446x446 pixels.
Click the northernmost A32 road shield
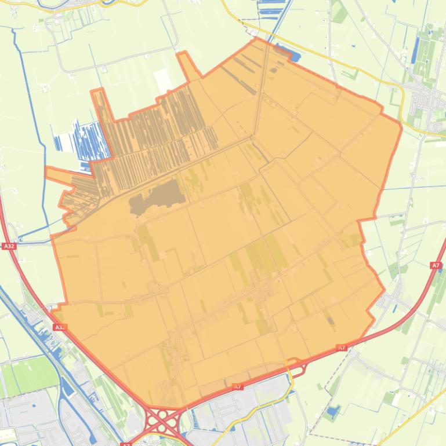pos(9,246)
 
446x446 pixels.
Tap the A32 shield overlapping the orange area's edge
pos(59,327)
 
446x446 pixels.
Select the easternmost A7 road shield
pos(436,265)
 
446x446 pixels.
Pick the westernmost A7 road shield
pos(237,386)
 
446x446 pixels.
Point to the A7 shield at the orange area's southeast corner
pos(342,348)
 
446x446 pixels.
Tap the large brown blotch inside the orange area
pos(157,197)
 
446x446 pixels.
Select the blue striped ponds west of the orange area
pos(81,139)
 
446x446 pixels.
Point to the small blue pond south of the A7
pos(332,412)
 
